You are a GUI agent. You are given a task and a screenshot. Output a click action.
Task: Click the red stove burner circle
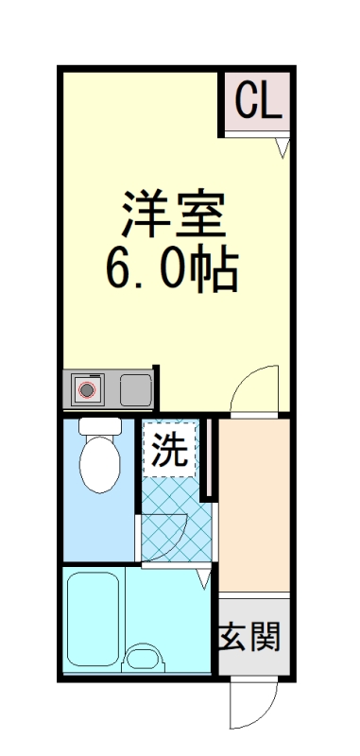point(88,389)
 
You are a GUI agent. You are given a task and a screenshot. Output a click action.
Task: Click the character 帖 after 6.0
point(214,270)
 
